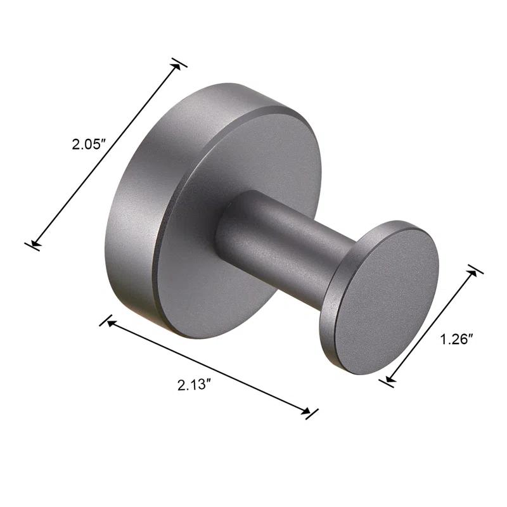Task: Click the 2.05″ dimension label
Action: tap(87, 144)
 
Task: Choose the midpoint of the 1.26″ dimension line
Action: tap(431, 325)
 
